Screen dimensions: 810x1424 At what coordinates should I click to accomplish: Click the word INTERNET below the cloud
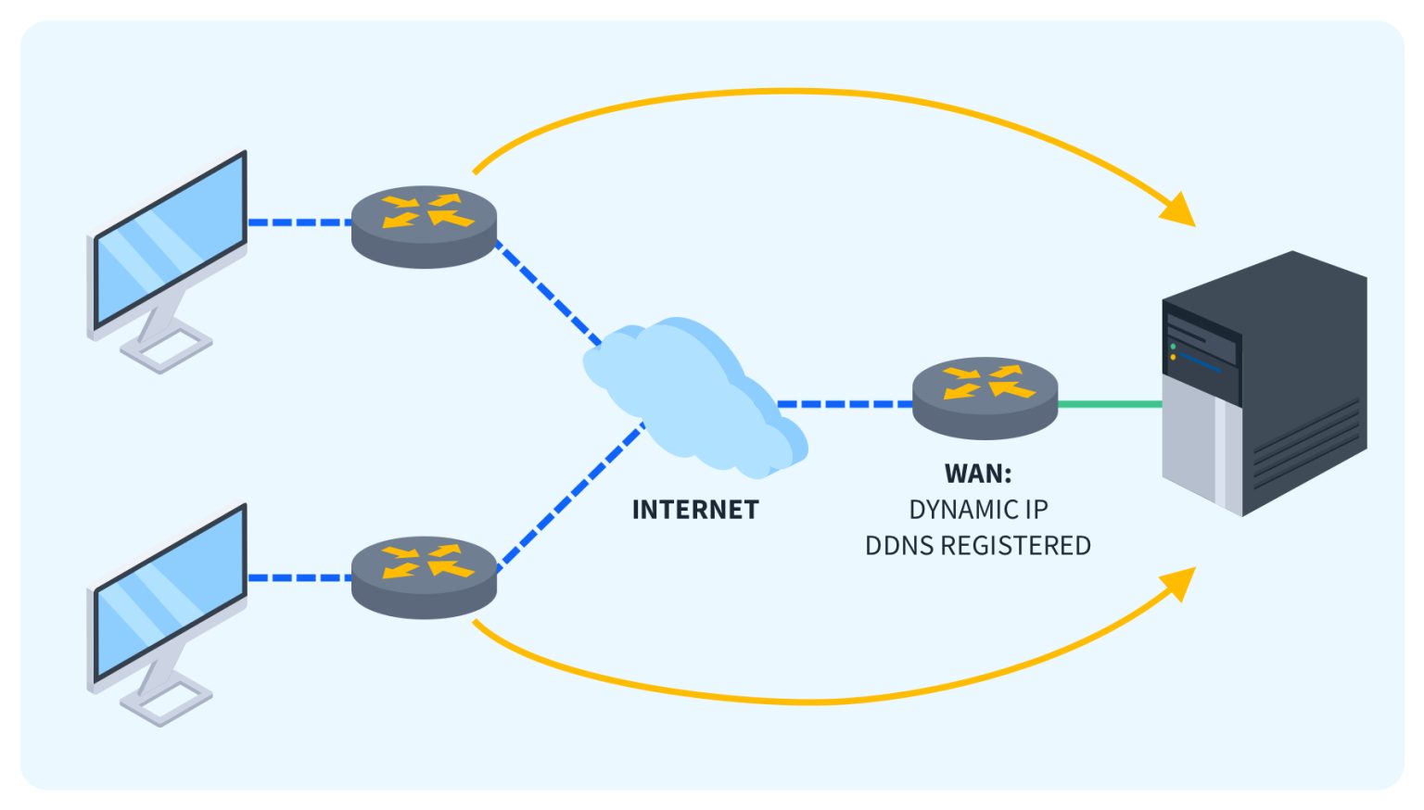click(695, 510)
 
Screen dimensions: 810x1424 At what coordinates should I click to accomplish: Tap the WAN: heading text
click(978, 474)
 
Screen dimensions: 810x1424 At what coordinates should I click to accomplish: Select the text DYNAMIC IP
click(978, 510)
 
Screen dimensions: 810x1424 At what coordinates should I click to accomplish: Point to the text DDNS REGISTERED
click(978, 546)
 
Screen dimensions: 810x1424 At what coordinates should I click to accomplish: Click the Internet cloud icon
click(691, 394)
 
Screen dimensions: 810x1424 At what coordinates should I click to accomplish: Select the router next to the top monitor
click(425, 225)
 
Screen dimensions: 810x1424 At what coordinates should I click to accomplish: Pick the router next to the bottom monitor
click(425, 576)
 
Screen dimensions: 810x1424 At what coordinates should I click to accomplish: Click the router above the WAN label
click(985, 397)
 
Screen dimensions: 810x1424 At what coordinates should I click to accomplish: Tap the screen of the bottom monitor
click(172, 593)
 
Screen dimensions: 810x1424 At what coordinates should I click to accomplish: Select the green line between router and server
click(1110, 404)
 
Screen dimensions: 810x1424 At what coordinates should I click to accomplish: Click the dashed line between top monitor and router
click(299, 222)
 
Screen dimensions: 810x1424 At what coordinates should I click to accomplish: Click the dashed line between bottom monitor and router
click(299, 577)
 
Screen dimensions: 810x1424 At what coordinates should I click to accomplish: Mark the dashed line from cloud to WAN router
click(844, 404)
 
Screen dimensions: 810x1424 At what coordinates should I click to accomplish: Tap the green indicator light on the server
click(1174, 347)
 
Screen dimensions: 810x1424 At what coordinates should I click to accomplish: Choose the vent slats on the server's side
click(1307, 445)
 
